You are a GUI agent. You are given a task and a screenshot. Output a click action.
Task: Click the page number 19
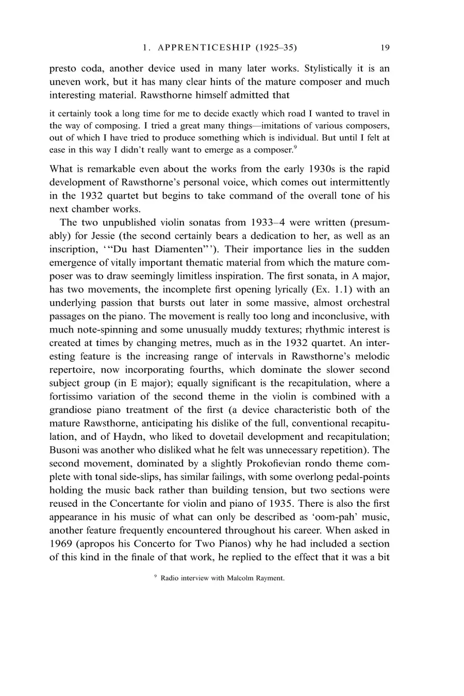[385, 48]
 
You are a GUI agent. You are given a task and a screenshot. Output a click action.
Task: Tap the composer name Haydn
[127, 437]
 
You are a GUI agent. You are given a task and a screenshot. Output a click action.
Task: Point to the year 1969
[62, 544]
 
